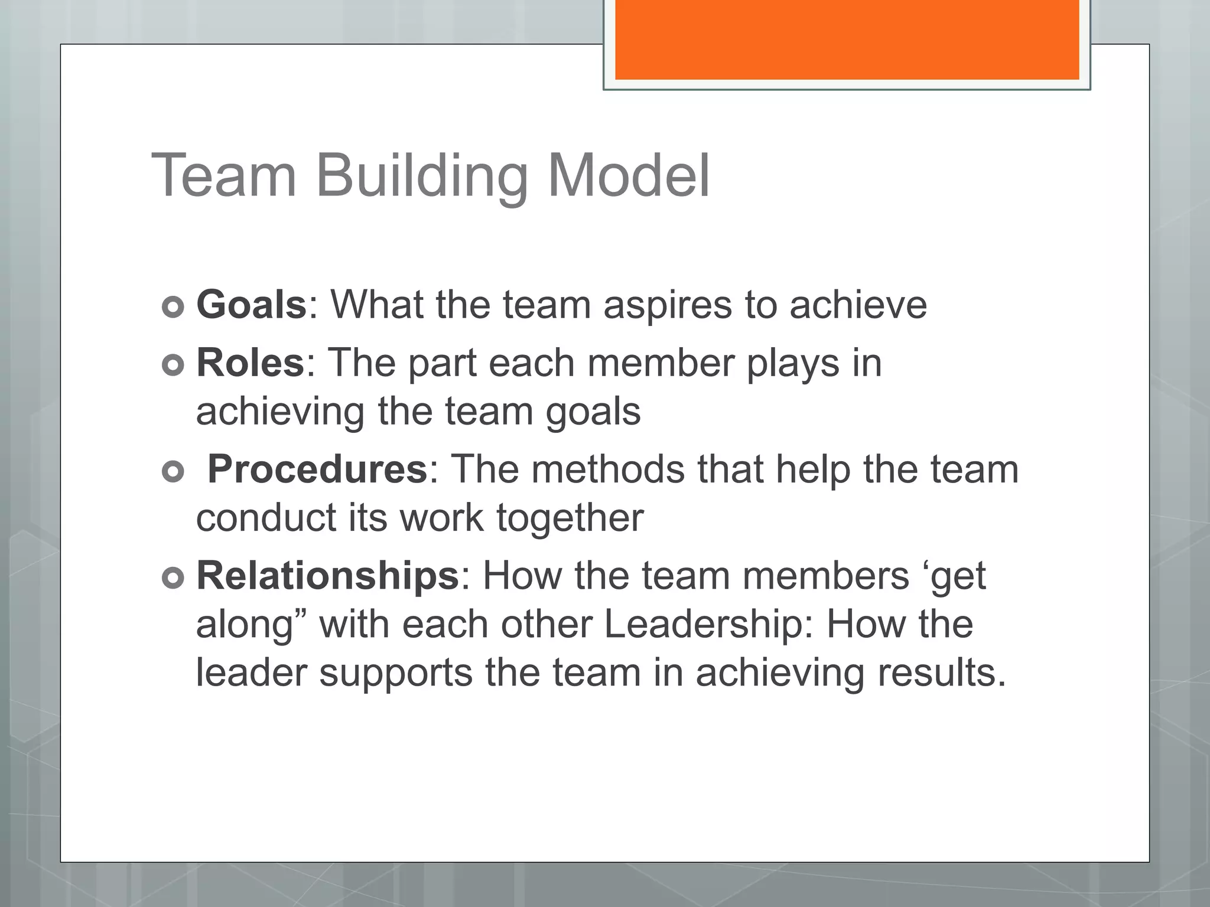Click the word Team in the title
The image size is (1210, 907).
point(224,175)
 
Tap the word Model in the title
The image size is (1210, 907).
point(629,175)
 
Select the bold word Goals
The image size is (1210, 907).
point(251,305)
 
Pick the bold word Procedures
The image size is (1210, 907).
point(317,469)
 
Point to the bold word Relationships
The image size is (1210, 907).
point(327,576)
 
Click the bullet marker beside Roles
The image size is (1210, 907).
point(173,366)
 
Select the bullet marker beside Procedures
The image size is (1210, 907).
point(173,472)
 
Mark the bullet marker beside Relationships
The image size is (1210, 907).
point(173,579)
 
